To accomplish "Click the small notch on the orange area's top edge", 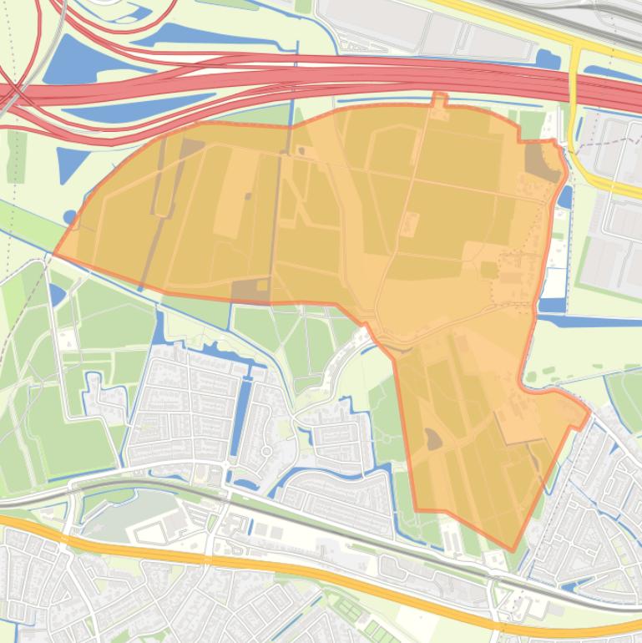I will [439, 99].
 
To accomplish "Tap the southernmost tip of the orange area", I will [511, 549].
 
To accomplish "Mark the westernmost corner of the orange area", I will [55, 254].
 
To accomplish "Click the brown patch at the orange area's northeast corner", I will [541, 162].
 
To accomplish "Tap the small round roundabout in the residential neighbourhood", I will [266, 452].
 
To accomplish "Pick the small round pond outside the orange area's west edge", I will [70, 218].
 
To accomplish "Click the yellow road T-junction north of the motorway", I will [576, 50].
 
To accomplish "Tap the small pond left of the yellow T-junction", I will [548, 58].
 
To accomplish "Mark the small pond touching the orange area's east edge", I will [565, 197].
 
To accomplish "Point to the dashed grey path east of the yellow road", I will [614, 143].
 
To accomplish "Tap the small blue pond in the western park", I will [57, 294].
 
